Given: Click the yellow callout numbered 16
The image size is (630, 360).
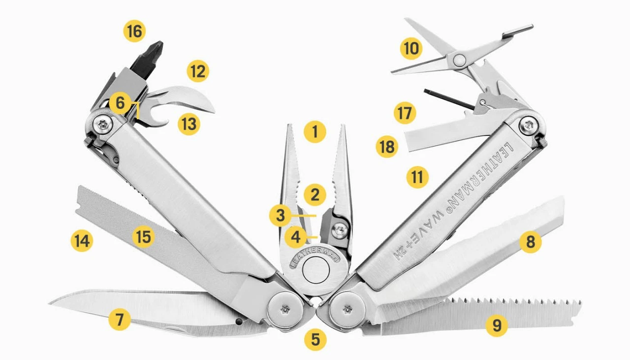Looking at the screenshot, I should [x=134, y=32].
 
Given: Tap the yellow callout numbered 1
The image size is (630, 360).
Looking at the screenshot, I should [x=315, y=131].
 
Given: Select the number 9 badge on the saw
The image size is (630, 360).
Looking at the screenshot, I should [x=496, y=325].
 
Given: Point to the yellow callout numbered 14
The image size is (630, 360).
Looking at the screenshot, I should [x=82, y=241].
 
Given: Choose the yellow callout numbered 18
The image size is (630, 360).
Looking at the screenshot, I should [x=386, y=147].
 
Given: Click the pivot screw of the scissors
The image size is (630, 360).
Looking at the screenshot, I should [x=459, y=60].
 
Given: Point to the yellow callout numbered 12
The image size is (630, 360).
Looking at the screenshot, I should [x=198, y=71].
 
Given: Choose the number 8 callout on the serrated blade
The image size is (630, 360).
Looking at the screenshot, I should [x=531, y=242].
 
